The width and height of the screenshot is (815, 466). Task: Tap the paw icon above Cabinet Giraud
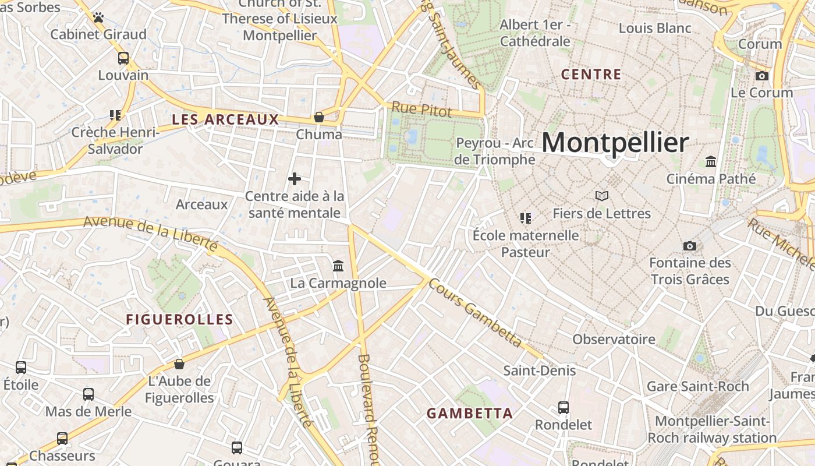[x=98, y=17]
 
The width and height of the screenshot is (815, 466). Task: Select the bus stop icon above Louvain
[x=123, y=58]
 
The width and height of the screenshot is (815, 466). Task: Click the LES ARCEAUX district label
[x=225, y=119]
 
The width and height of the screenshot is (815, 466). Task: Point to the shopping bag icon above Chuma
[x=319, y=117]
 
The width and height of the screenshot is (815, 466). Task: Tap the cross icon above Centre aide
[x=295, y=179]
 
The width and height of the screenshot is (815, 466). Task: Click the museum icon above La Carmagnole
[x=338, y=266]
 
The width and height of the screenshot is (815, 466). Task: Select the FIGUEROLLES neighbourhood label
[x=180, y=319]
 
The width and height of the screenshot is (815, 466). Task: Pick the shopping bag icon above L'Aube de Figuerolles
[x=179, y=364]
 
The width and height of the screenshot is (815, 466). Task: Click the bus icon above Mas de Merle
[x=88, y=394]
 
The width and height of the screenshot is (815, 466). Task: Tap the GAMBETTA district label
[x=470, y=414]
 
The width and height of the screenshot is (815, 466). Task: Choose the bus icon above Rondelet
[x=564, y=408]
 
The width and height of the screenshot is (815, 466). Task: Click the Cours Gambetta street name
[x=474, y=312]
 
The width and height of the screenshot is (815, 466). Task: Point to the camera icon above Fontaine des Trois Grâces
[x=690, y=246]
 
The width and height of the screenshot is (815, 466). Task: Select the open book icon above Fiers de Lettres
[x=602, y=196]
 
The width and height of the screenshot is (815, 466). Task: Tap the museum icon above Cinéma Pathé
[x=711, y=161]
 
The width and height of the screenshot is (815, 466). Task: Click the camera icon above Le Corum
[x=761, y=76]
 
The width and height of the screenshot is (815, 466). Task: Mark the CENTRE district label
[x=591, y=75]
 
